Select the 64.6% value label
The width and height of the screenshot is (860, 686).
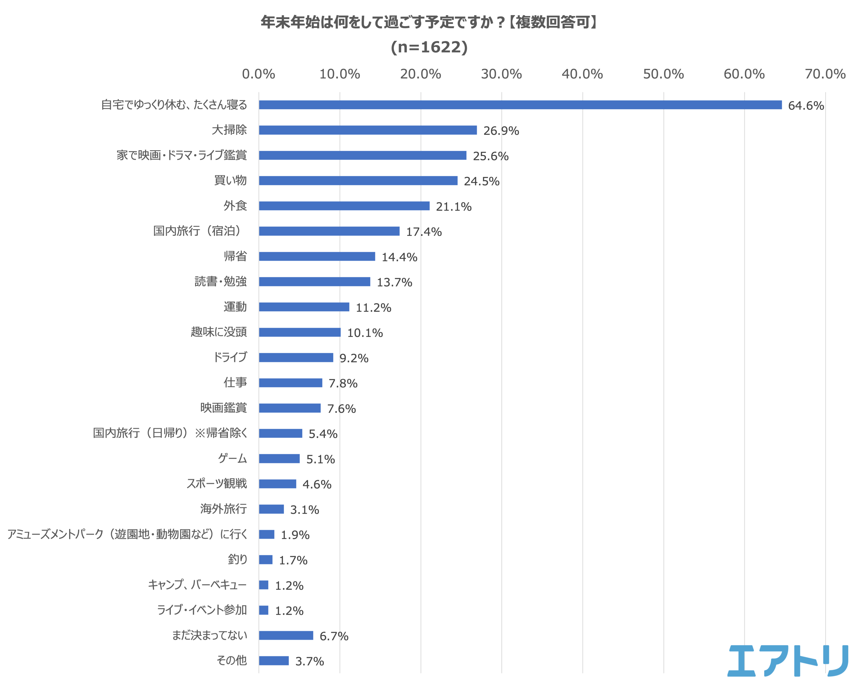pyautogui.click(x=806, y=106)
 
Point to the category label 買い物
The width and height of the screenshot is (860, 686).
pyautogui.click(x=230, y=180)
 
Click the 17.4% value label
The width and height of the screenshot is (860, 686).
pyautogui.click(x=424, y=232)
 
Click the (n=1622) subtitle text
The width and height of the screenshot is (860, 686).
pyautogui.click(x=429, y=47)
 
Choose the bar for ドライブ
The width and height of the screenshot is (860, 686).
pyautogui.click(x=296, y=357)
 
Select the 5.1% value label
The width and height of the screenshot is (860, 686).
pyautogui.click(x=320, y=459)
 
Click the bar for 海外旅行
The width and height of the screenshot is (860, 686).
pyautogui.click(x=271, y=509)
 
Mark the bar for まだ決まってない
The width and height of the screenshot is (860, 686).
pyautogui.click(x=286, y=635)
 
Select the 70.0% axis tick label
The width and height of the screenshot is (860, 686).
pyautogui.click(x=825, y=74)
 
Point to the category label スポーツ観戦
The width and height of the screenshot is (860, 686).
pyautogui.click(x=217, y=483)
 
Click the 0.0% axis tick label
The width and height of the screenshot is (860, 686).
pyautogui.click(x=258, y=74)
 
